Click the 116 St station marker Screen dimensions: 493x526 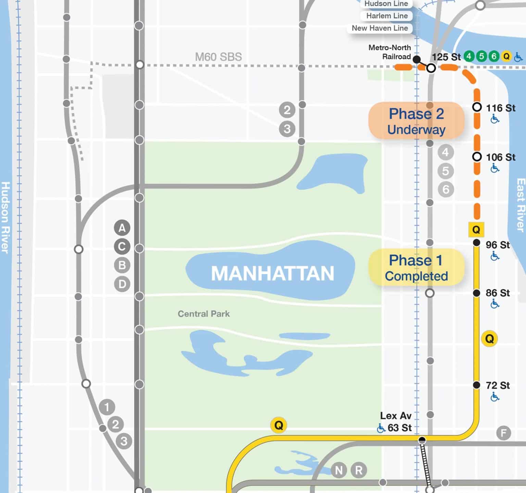[x=477, y=107]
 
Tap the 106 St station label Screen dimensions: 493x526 [x=501, y=157]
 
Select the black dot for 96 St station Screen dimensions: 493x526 [x=476, y=243]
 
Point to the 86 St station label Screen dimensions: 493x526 [x=498, y=293]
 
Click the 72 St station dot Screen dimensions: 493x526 [x=476, y=385]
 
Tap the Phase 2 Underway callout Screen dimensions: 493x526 [x=416, y=121]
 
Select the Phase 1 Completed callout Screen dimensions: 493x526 [x=416, y=268]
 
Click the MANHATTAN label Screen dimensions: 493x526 [x=272, y=273]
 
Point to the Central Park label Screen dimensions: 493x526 [x=204, y=314]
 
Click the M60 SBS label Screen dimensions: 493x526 [x=218, y=57]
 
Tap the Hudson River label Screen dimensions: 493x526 [x=5, y=218]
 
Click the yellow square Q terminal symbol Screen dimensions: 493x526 [x=476, y=230]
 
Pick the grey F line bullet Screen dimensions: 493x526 [x=503, y=433]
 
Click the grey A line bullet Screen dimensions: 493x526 [x=122, y=228]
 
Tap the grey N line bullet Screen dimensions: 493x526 [x=339, y=470]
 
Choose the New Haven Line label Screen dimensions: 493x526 [x=380, y=28]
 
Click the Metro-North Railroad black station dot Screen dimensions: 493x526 [x=417, y=59]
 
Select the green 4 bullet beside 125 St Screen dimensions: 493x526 [x=469, y=56]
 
